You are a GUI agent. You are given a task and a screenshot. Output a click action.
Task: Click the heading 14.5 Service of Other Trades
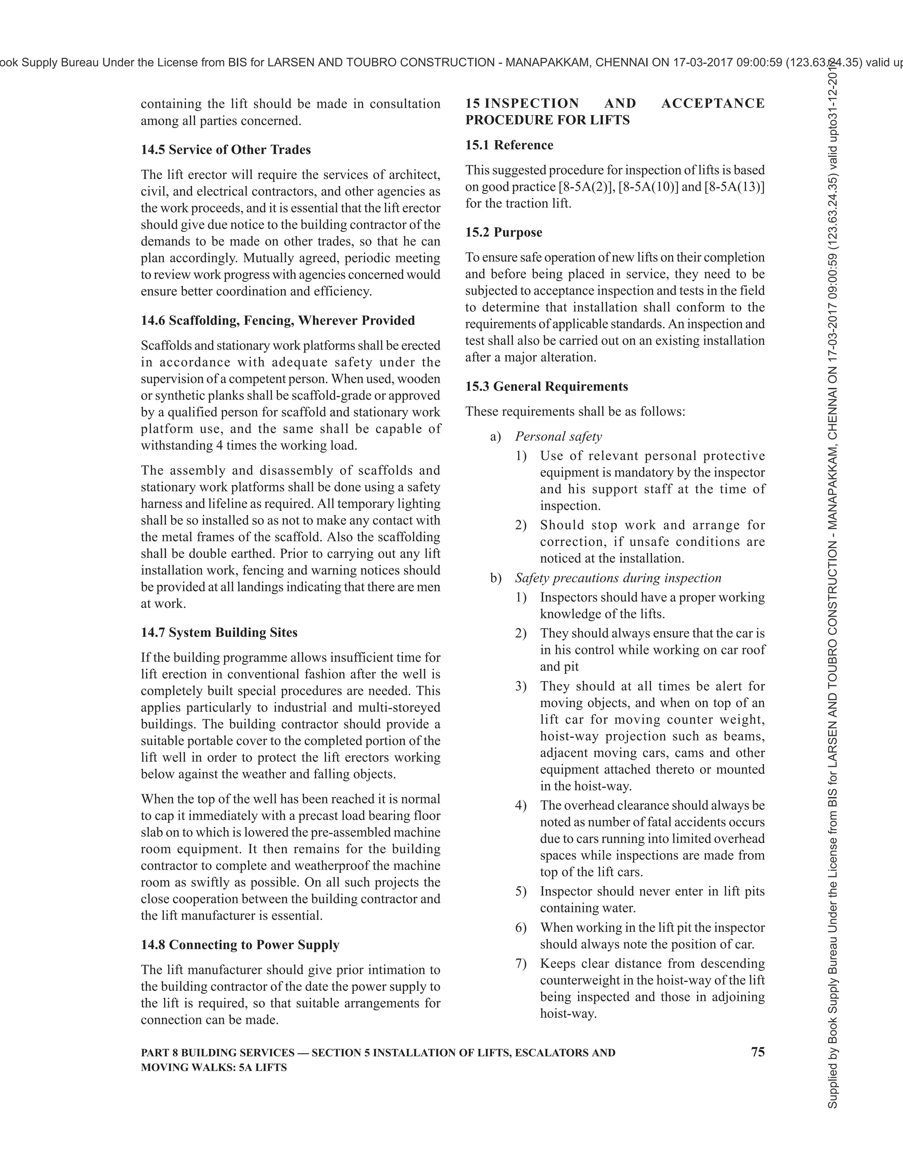pos(225,150)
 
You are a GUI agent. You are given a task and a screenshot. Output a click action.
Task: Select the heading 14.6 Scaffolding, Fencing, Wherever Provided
pos(278,320)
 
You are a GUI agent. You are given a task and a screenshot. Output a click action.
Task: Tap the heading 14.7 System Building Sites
pos(219,632)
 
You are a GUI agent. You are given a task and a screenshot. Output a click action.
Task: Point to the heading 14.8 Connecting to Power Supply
pos(240,945)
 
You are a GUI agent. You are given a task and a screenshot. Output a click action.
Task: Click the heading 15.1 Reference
pos(509,145)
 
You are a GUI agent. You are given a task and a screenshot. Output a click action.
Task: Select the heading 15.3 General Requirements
pos(546,386)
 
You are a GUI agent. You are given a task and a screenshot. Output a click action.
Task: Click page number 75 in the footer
pos(757,1052)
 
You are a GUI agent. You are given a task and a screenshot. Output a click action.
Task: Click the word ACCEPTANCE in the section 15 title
pos(713,103)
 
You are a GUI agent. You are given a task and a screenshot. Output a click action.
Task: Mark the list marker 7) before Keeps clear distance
pos(521,963)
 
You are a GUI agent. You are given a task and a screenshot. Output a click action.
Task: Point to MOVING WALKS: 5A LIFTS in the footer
pos(213,1068)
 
